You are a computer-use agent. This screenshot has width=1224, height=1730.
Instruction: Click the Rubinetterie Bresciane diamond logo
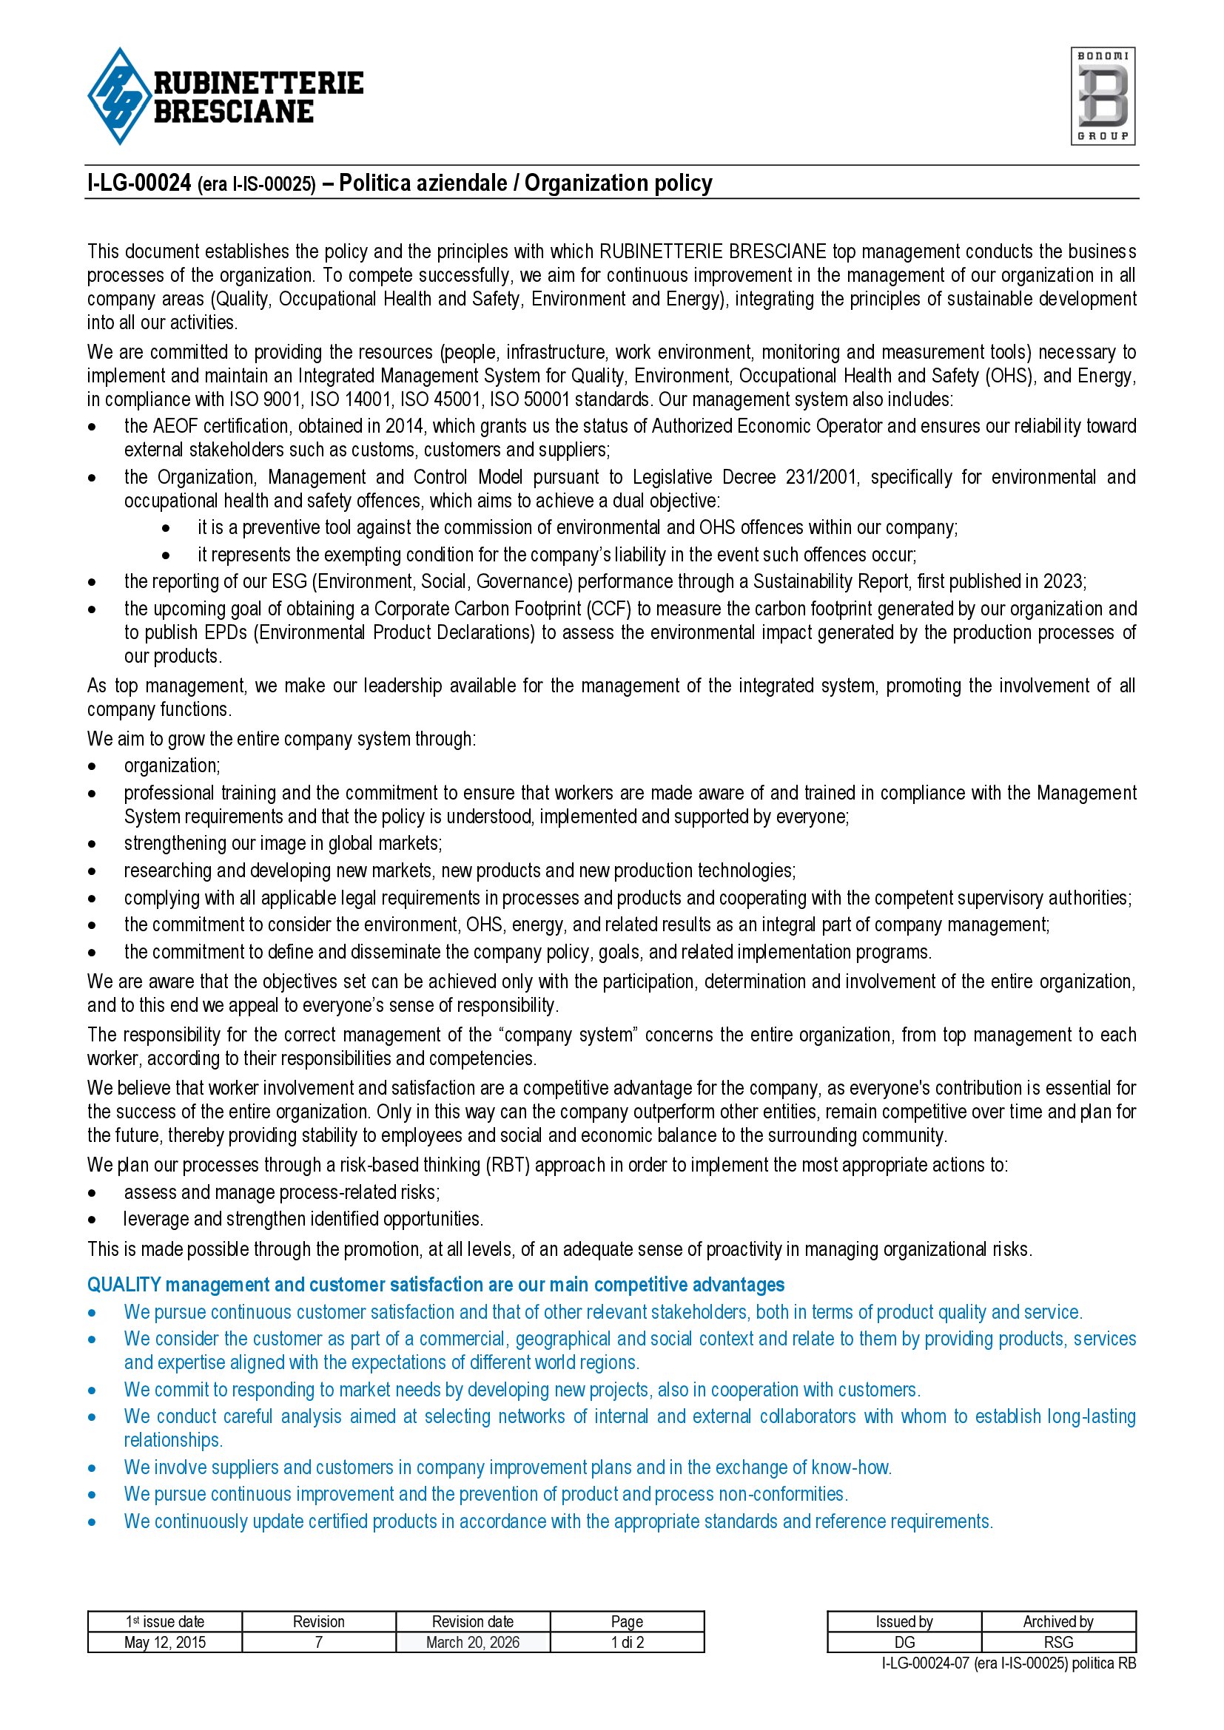(118, 96)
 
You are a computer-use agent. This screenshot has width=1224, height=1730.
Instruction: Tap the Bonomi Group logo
(1103, 96)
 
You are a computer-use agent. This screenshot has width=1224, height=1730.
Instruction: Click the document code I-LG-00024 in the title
(139, 183)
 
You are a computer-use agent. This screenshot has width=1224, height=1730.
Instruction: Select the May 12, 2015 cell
(165, 1643)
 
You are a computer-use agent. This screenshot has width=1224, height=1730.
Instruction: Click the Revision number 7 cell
(319, 1643)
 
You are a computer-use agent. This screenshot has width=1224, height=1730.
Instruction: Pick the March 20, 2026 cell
(473, 1643)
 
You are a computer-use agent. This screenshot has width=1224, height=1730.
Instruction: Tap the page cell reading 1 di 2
(627, 1643)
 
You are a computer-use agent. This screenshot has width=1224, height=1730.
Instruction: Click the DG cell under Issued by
(904, 1643)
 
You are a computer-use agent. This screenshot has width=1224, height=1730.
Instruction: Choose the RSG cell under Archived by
(1058, 1643)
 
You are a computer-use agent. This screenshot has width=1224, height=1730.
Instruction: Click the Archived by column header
(1058, 1622)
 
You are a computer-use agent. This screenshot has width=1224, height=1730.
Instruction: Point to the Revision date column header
(473, 1622)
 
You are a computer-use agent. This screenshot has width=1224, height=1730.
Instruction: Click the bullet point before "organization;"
(92, 767)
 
